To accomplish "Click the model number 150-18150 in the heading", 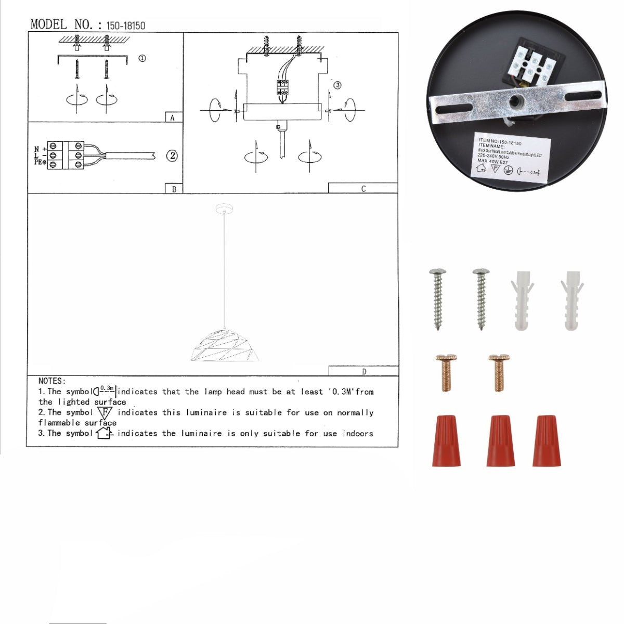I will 125,25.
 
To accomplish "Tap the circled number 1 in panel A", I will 141,58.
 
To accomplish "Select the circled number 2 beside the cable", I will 172,155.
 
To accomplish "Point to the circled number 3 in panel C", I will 337,85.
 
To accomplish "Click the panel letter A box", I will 173,118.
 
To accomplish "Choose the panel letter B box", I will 174,189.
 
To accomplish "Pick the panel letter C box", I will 363,188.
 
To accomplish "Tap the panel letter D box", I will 363,371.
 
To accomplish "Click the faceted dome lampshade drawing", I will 224,346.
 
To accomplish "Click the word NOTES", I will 51,381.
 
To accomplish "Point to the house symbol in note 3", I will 104,433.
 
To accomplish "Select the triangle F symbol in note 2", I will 105,413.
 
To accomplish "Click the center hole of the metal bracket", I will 516,100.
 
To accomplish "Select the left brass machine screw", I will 445,371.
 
